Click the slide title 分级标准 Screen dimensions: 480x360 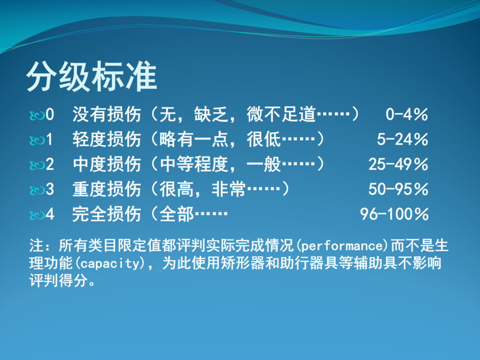click(x=92, y=76)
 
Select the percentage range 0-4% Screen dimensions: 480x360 click(x=406, y=114)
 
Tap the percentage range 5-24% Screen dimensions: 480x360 click(x=402, y=140)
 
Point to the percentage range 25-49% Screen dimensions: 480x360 click(x=399, y=165)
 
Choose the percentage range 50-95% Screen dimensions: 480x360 click(x=399, y=189)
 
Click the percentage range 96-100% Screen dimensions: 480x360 click(x=394, y=214)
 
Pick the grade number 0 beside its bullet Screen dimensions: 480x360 click(x=50, y=114)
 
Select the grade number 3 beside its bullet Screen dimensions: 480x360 click(x=50, y=189)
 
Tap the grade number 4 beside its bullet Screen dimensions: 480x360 click(x=50, y=214)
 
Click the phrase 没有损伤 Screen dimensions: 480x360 click(x=107, y=114)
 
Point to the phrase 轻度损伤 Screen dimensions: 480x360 click(x=107, y=140)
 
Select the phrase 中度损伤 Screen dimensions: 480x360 click(x=107, y=165)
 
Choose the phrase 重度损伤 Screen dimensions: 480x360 click(x=107, y=189)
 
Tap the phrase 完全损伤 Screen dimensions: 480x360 click(x=107, y=214)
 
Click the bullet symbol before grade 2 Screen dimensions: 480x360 click(x=37, y=165)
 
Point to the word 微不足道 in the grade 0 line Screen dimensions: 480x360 click(x=281, y=114)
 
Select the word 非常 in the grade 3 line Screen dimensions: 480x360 click(x=229, y=189)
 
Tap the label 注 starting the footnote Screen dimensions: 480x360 click(x=36, y=246)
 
